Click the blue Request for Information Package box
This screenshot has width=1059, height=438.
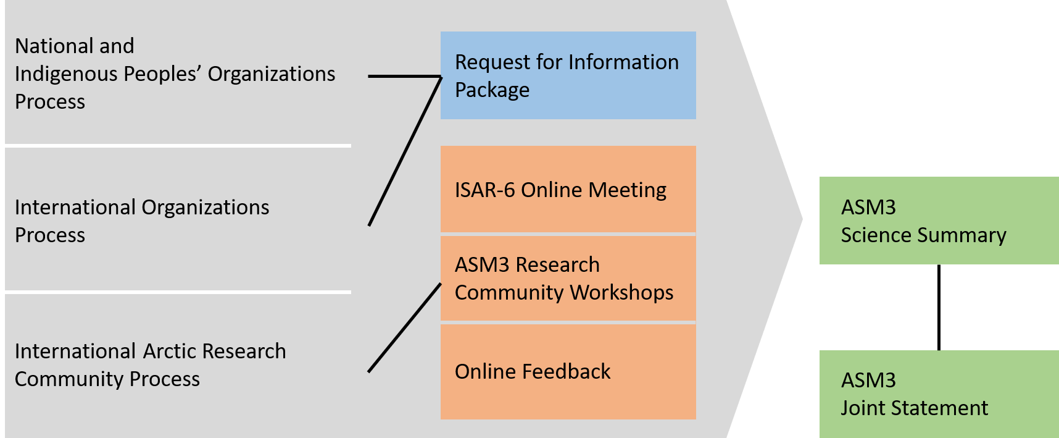click(568, 75)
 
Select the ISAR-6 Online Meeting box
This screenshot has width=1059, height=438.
click(568, 189)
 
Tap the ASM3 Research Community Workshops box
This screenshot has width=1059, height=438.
click(568, 278)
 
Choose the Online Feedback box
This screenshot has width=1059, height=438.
click(568, 371)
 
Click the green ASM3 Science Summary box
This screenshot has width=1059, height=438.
click(938, 221)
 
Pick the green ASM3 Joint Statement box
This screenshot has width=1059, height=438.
click(938, 394)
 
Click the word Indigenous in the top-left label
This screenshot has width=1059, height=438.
click(66, 74)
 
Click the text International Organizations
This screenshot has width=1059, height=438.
click(142, 208)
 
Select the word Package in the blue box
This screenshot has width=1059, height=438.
click(492, 90)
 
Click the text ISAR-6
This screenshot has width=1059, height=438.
click(484, 190)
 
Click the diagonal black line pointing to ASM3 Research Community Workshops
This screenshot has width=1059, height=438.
click(404, 328)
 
